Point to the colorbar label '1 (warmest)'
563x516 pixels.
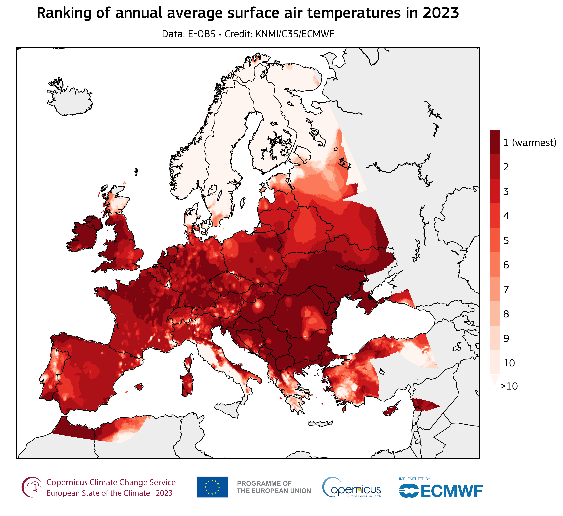529,143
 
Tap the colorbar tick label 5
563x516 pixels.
506,241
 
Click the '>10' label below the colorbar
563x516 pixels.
509,386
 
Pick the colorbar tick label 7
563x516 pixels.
506,289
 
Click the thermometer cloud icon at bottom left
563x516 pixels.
31,487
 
